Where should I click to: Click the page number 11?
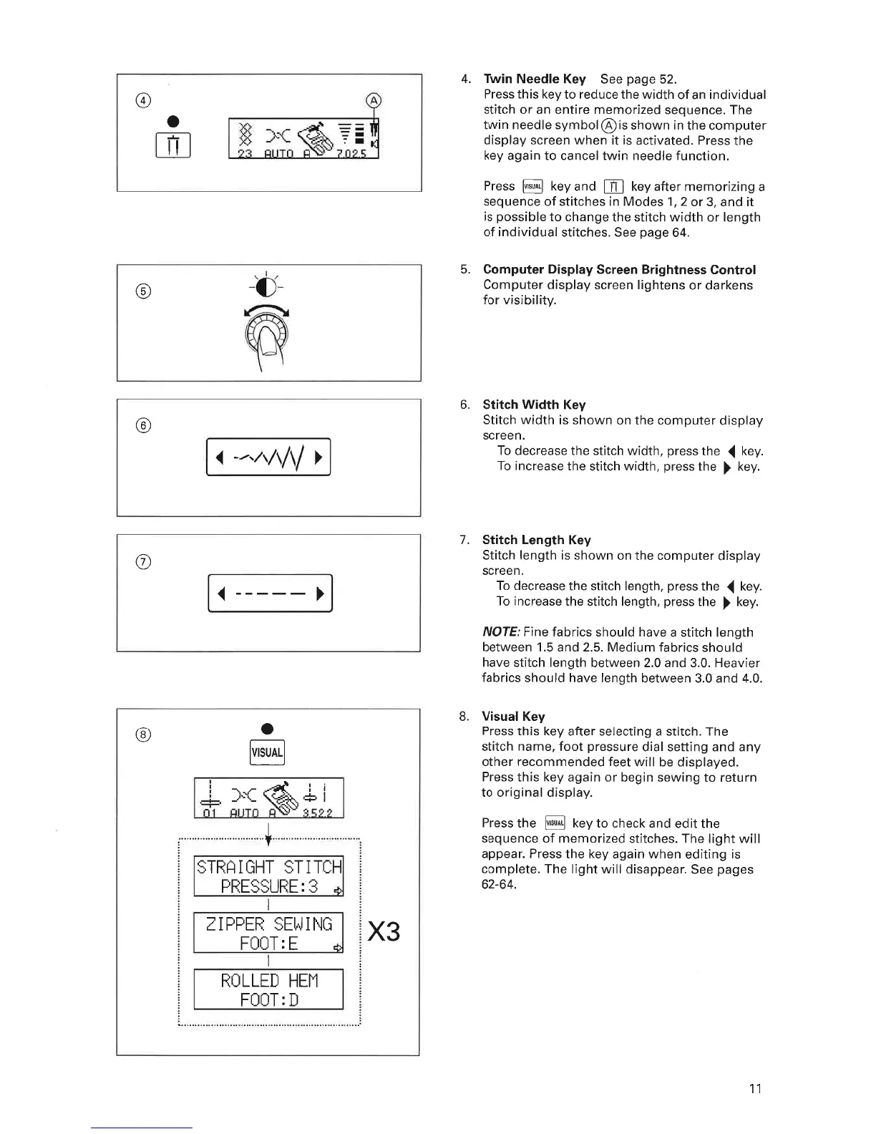click(754, 1089)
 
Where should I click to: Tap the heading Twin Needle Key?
click(534, 79)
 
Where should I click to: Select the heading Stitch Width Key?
click(534, 405)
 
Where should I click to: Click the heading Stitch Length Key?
click(536, 540)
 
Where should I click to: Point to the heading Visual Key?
click(513, 716)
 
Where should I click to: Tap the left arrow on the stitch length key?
click(222, 593)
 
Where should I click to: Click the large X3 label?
click(383, 932)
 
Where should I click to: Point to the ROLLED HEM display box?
click(268, 989)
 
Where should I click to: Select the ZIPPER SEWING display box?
click(268, 932)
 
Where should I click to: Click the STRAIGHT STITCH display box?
click(268, 876)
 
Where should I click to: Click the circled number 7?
click(142, 561)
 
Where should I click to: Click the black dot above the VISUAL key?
click(267, 729)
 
